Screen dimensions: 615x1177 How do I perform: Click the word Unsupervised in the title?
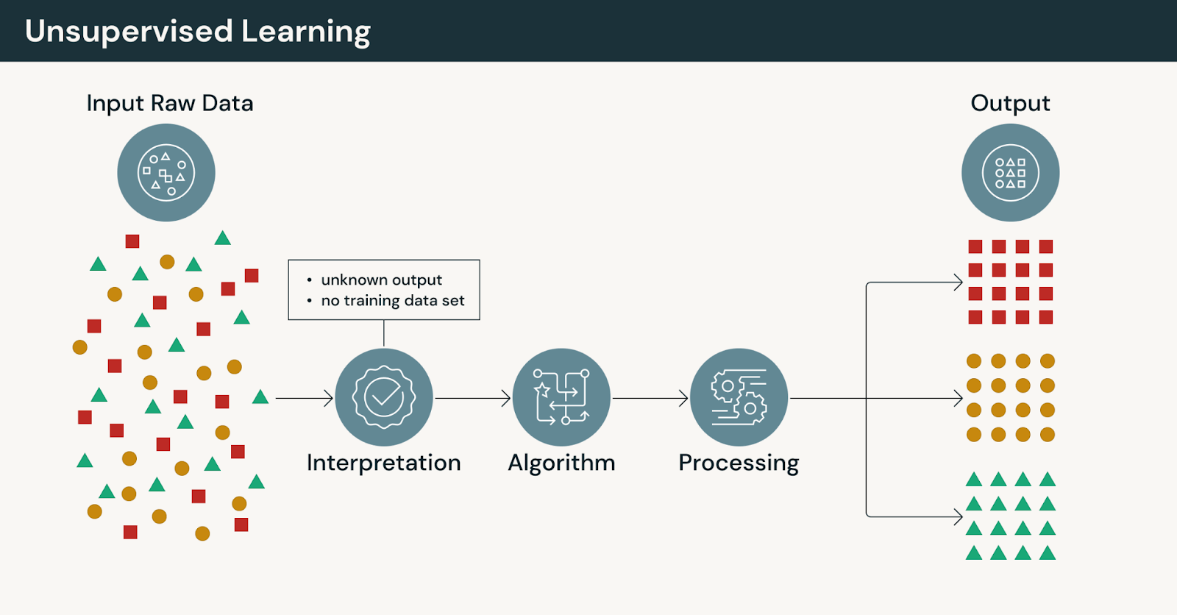(129, 32)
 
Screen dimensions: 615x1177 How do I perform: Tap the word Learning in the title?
(306, 32)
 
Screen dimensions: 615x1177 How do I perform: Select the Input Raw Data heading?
(170, 103)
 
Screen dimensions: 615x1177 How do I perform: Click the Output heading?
(1010, 103)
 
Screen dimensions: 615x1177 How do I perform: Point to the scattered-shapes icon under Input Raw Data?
(166, 173)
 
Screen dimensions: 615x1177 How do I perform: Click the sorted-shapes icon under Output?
(1010, 173)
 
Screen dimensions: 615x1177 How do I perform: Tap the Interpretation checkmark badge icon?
(384, 397)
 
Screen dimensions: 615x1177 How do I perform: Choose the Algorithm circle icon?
(561, 397)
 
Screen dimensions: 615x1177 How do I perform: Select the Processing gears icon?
(739, 397)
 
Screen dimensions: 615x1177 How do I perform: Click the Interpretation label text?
(384, 463)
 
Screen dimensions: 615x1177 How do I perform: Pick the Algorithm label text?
(561, 463)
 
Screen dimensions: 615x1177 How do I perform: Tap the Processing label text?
(739, 463)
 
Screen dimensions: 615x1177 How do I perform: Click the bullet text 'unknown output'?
(382, 280)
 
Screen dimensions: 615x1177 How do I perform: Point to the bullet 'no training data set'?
(393, 300)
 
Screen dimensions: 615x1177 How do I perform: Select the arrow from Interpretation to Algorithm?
(472, 399)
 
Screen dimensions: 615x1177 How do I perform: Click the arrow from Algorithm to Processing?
(650, 399)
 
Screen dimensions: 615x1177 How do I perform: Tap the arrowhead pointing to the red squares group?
(958, 282)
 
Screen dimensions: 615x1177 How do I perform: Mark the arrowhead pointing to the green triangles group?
(958, 516)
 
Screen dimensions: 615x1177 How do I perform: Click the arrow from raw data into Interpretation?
(304, 399)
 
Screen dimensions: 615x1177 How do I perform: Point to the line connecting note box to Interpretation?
(384, 333)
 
